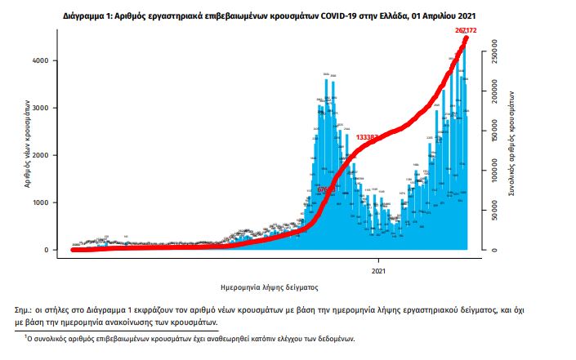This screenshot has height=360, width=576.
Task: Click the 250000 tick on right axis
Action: [x=494, y=61]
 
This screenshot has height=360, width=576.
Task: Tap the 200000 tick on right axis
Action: [x=494, y=99]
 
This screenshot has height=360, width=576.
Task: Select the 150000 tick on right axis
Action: [x=494, y=136]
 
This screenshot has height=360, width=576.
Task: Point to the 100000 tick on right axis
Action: [x=494, y=174]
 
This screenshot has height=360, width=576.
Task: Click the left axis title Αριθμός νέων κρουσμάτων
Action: [x=27, y=147]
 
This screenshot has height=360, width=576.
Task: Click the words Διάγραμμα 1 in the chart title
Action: [x=87, y=16]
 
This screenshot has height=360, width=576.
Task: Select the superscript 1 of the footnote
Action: [x=25, y=336]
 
